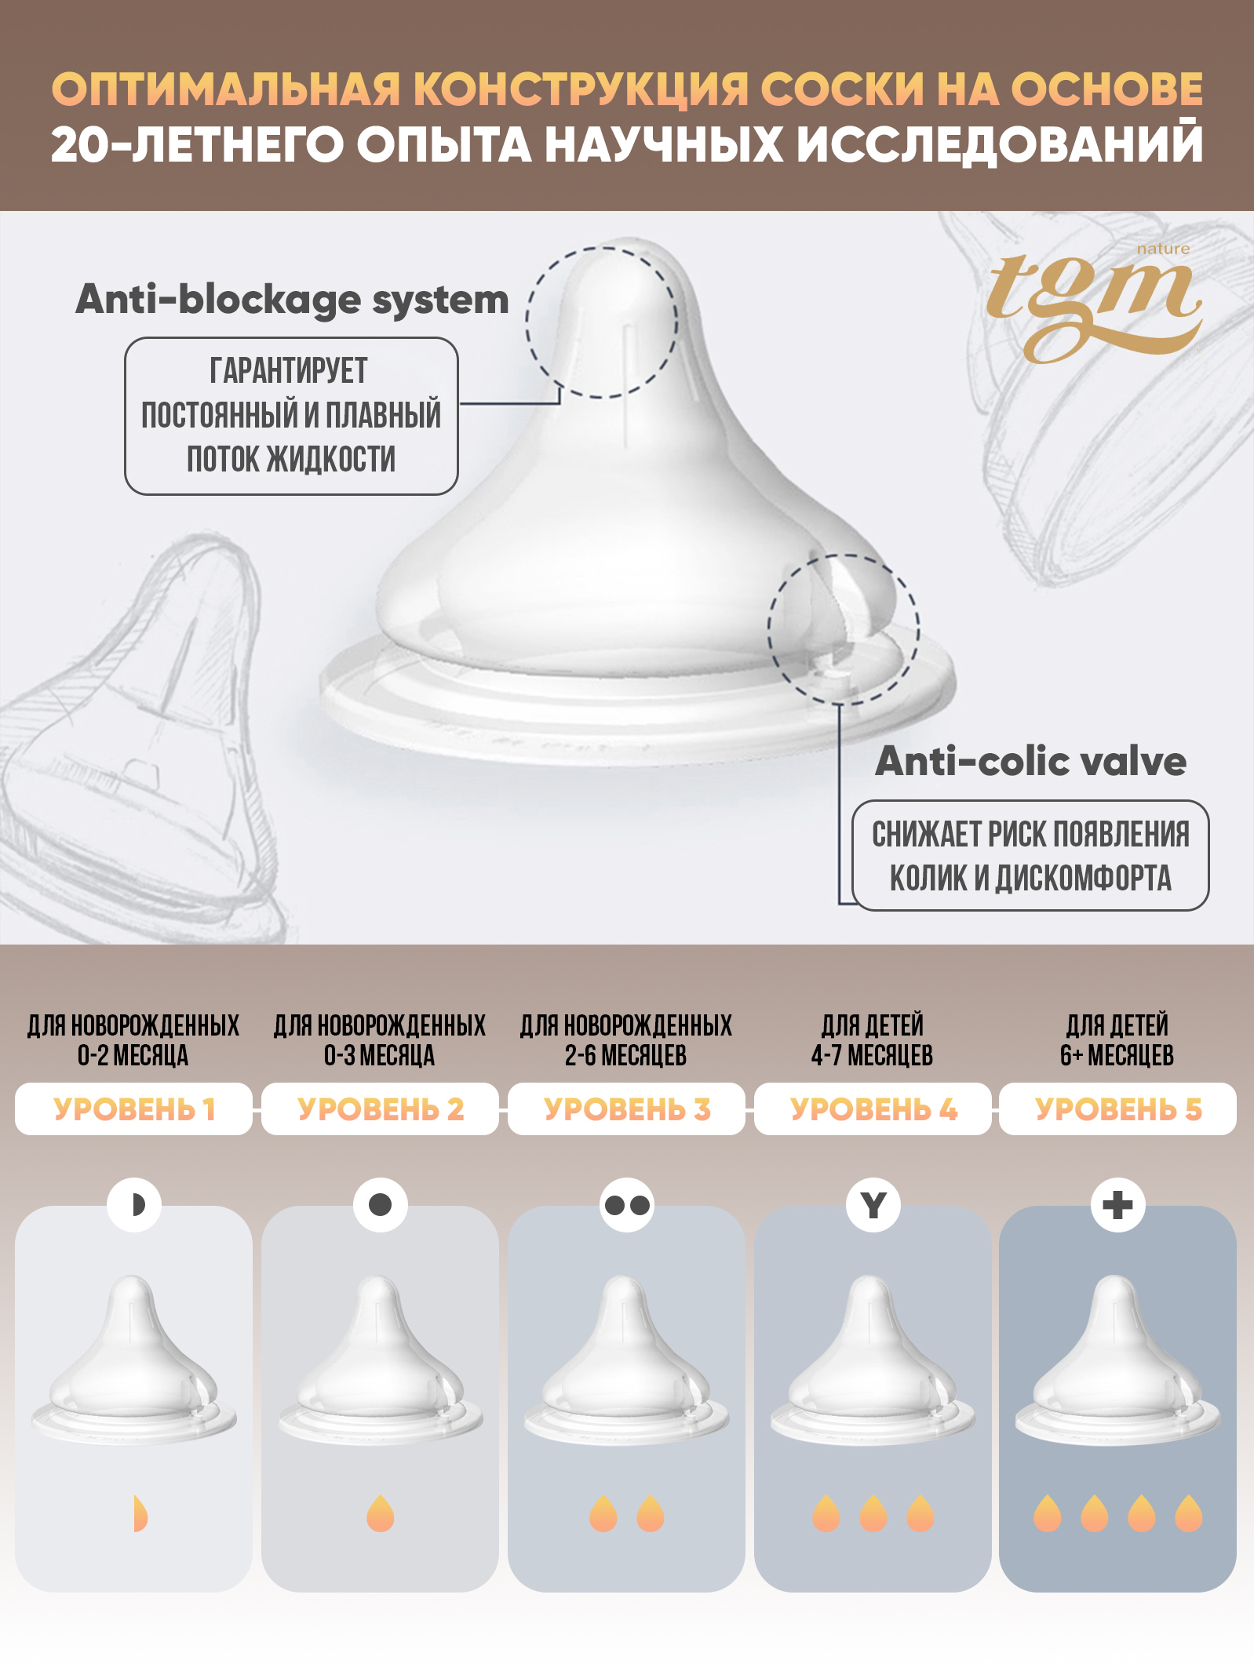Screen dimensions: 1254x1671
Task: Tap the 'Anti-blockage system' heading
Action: [292, 300]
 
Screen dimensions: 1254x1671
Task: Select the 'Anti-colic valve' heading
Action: [1030, 761]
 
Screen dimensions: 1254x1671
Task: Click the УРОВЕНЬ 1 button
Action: [133, 1109]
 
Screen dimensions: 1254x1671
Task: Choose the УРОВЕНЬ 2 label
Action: [381, 1109]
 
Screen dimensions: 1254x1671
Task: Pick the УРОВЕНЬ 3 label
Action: [626, 1109]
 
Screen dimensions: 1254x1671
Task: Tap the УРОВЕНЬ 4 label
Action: [873, 1109]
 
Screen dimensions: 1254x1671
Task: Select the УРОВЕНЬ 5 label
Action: [1117, 1109]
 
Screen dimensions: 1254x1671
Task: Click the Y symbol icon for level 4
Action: [873, 1204]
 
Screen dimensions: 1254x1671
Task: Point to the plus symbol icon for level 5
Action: [1118, 1204]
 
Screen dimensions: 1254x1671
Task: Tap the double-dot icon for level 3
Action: [627, 1204]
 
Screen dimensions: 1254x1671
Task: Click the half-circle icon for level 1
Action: [134, 1204]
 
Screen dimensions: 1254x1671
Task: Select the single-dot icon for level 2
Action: [381, 1204]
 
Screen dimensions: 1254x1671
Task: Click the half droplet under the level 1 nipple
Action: [140, 1513]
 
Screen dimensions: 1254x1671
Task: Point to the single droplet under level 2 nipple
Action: [381, 1513]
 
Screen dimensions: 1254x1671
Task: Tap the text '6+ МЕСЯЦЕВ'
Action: [1117, 1055]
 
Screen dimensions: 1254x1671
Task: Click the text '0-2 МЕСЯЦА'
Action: [133, 1055]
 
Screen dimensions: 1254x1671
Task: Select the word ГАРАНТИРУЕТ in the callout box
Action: [289, 370]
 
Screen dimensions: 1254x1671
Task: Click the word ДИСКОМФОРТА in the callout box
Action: [1083, 878]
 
